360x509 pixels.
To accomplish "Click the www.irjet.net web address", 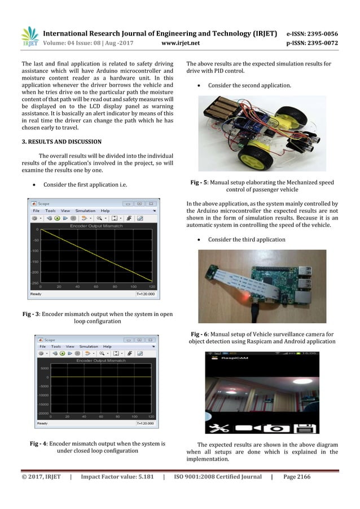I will click(179, 41).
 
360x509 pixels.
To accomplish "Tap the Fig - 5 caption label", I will click(200, 182).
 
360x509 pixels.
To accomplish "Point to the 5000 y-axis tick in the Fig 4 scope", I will click(43, 367).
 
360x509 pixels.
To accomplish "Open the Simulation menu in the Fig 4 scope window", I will click(89, 346).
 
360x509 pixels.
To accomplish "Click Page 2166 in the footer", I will click(297, 477).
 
